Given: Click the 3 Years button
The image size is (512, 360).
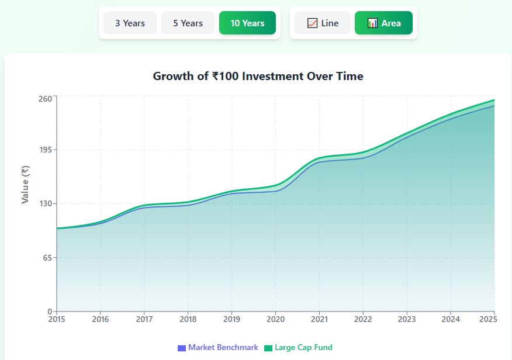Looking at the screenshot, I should pyautogui.click(x=130, y=23).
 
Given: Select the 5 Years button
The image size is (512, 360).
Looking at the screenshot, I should pyautogui.click(x=188, y=23).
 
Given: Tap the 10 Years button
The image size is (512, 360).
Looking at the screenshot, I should pyautogui.click(x=247, y=23).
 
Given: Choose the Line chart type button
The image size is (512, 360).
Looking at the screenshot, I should pyautogui.click(x=323, y=23).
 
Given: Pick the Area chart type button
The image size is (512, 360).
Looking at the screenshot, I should pyautogui.click(x=383, y=23).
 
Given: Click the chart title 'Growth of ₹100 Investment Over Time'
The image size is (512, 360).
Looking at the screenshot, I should pyautogui.click(x=258, y=76).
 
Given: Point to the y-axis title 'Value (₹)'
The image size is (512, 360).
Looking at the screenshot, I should pyautogui.click(x=25, y=185).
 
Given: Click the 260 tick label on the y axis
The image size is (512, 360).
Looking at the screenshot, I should pyautogui.click(x=46, y=98).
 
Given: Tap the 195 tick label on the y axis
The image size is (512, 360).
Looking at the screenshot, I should pyautogui.click(x=46, y=150).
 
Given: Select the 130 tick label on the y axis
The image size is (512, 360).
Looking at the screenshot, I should pyautogui.click(x=46, y=204).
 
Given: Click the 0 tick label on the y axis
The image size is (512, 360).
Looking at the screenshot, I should pyautogui.click(x=50, y=311).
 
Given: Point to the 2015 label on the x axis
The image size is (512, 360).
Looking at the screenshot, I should pyautogui.click(x=57, y=319).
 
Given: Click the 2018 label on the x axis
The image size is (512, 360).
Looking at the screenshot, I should pyautogui.click(x=188, y=319).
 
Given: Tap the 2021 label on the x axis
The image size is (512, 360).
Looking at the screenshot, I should pyautogui.click(x=319, y=319).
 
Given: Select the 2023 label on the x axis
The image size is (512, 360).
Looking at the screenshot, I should pyautogui.click(x=407, y=319).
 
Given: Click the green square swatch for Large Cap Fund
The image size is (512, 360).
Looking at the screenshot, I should pyautogui.click(x=268, y=348).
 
